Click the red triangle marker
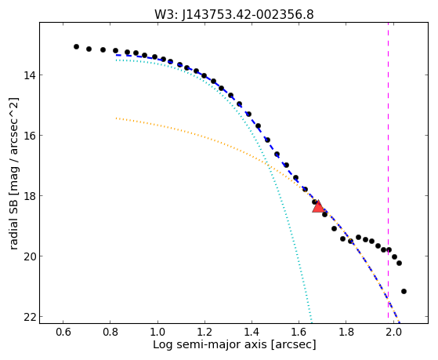tap(318, 206)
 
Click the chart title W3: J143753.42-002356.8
tap(234, 14)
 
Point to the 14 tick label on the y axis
tap(30, 75)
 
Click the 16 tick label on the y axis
tap(30, 136)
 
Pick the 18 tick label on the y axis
tap(30, 196)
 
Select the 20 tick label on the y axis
tap(30, 256)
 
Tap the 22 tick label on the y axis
tap(30, 317)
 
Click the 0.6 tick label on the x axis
tap(63, 333)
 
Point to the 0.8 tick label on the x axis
tap(110, 333)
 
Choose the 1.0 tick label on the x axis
tap(157, 333)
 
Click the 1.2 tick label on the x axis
tap(205, 333)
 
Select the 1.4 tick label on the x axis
tap(252, 333)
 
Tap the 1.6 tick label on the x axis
tap(299, 333)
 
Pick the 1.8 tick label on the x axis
tap(346, 333)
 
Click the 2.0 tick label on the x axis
tap(393, 333)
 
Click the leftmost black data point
tap(76, 47)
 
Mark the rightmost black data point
tap(404, 292)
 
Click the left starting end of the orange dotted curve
tap(116, 118)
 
